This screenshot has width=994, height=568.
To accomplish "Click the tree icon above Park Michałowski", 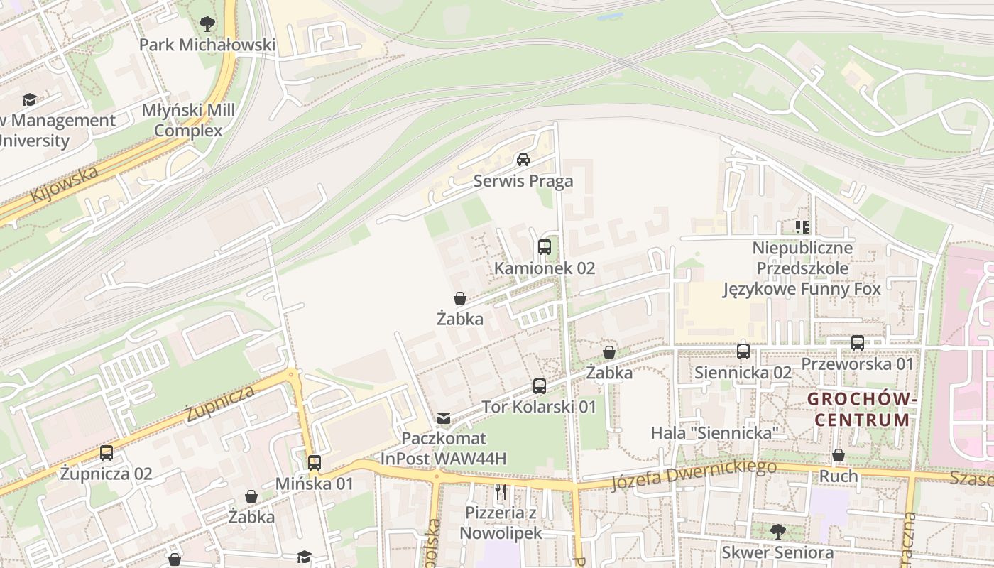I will pyautogui.click(x=207, y=25).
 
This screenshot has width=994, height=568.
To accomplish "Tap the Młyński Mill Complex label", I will pyautogui.click(x=188, y=121).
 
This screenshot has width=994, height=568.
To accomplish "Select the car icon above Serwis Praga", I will pyautogui.click(x=523, y=160).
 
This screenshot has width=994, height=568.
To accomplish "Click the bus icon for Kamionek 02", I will pyautogui.click(x=545, y=247).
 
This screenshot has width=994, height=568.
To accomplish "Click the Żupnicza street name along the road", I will pyautogui.click(x=220, y=404).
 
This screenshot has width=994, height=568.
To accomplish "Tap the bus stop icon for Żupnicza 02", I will pyautogui.click(x=106, y=452).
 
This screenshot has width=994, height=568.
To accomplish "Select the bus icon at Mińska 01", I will pyautogui.click(x=315, y=463).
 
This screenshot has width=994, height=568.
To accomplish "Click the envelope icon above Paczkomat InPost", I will pyautogui.click(x=444, y=417).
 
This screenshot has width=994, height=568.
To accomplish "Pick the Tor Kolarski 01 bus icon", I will pyautogui.click(x=540, y=386).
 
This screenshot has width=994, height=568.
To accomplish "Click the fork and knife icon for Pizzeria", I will pyautogui.click(x=501, y=491).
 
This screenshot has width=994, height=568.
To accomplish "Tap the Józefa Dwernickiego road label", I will pyautogui.click(x=694, y=474).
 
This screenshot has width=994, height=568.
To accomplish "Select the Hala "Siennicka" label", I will pyautogui.click(x=715, y=432).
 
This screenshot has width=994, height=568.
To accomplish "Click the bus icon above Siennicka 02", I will pyautogui.click(x=743, y=351).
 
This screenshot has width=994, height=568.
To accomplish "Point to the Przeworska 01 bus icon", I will pyautogui.click(x=858, y=343).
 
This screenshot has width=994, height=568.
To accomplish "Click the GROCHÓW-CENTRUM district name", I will pyautogui.click(x=862, y=409).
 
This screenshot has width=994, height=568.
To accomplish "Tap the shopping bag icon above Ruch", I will pyautogui.click(x=839, y=455).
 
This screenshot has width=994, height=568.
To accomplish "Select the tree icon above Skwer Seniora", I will pyautogui.click(x=778, y=531).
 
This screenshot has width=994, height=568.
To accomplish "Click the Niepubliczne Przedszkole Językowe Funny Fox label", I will pyautogui.click(x=802, y=268).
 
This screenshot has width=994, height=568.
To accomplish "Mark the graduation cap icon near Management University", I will pyautogui.click(x=29, y=99).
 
